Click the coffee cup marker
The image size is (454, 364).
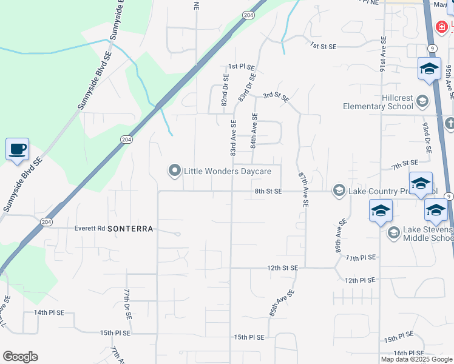coord(17,149)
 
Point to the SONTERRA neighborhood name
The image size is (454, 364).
coord(130,229)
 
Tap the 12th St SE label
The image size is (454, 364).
coord(280,268)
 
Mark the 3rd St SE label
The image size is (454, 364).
coord(276,96)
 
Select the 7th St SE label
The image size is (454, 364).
coord(405,164)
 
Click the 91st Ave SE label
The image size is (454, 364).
coord(384,55)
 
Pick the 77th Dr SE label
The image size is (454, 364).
coord(129,305)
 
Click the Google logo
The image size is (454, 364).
coord(20,357)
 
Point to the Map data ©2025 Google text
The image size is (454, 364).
coord(416,359)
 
